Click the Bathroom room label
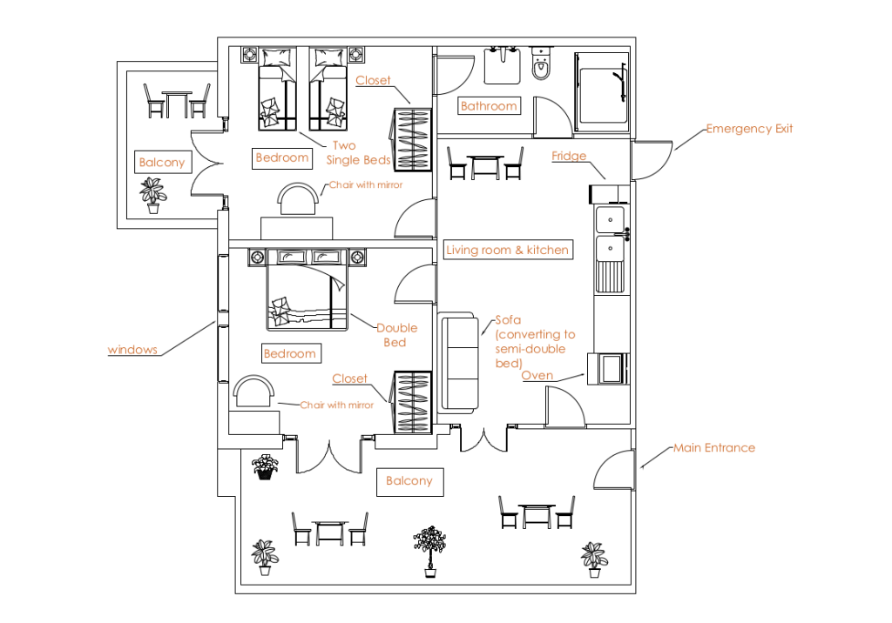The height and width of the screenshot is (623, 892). tap(489, 106)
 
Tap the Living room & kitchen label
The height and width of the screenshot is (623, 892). tap(508, 250)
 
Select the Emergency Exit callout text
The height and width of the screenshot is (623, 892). tap(749, 129)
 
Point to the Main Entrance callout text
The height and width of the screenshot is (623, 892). tap(714, 448)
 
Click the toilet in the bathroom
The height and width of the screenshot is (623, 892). tap(540, 64)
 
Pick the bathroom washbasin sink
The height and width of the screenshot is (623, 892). tap(503, 65)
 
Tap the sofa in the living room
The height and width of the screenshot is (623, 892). tap(460, 363)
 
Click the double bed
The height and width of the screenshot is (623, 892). tap(307, 290)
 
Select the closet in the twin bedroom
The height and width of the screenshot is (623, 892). tap(410, 139)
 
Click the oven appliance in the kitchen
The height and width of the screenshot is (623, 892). tap(608, 368)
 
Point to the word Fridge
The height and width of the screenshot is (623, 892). tap(569, 156)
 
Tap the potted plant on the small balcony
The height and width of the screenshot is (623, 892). tap(153, 195)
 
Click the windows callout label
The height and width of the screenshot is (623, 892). tap(132, 350)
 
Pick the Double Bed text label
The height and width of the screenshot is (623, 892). tap(396, 335)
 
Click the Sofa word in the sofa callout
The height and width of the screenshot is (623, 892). tap(508, 320)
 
